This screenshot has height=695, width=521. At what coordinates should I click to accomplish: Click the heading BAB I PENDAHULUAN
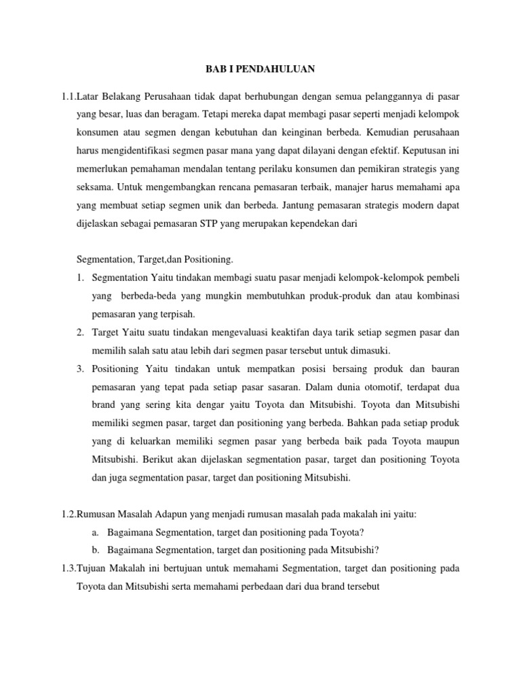260,69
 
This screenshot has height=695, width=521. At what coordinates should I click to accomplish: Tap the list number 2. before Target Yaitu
79,333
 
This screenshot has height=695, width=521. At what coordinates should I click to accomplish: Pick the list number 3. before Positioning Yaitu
79,369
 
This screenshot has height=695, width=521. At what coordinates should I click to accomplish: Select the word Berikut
151,459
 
